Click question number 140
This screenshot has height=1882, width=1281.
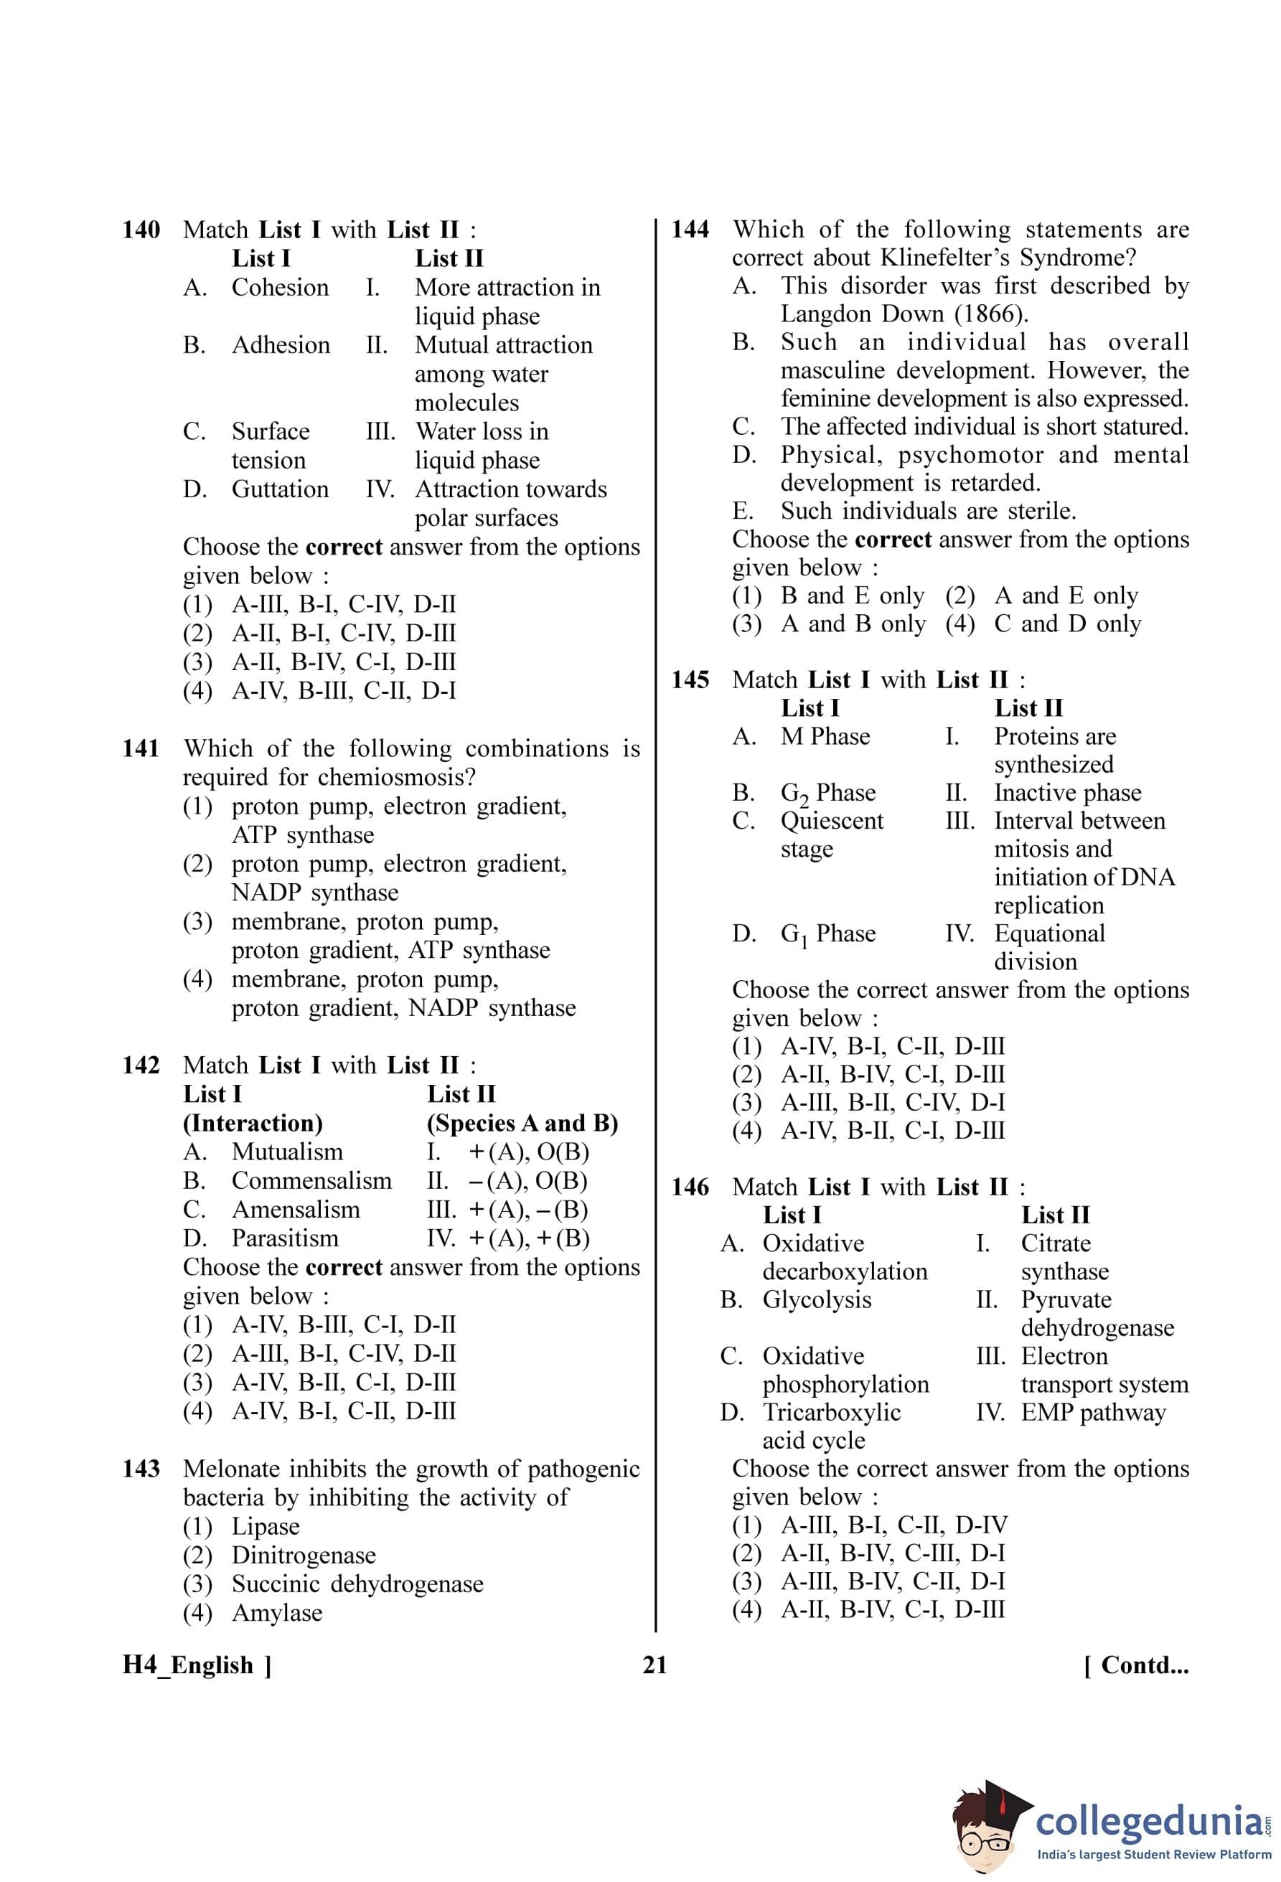tap(141, 230)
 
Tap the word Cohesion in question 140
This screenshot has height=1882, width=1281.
tap(280, 288)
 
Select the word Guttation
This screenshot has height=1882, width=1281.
tap(280, 489)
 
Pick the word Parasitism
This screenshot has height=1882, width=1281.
tap(285, 1238)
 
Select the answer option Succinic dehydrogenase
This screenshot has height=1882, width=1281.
tap(357, 1584)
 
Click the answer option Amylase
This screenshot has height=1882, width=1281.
tap(277, 1613)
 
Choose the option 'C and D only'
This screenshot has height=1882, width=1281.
tap(1067, 624)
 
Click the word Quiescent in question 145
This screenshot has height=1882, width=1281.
tap(832, 820)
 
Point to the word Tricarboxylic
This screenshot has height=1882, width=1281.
tap(831, 1412)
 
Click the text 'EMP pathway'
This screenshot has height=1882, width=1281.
tap(1092, 1412)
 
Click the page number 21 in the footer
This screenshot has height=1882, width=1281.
tap(654, 1666)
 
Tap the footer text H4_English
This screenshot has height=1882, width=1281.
tap(188, 1666)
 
